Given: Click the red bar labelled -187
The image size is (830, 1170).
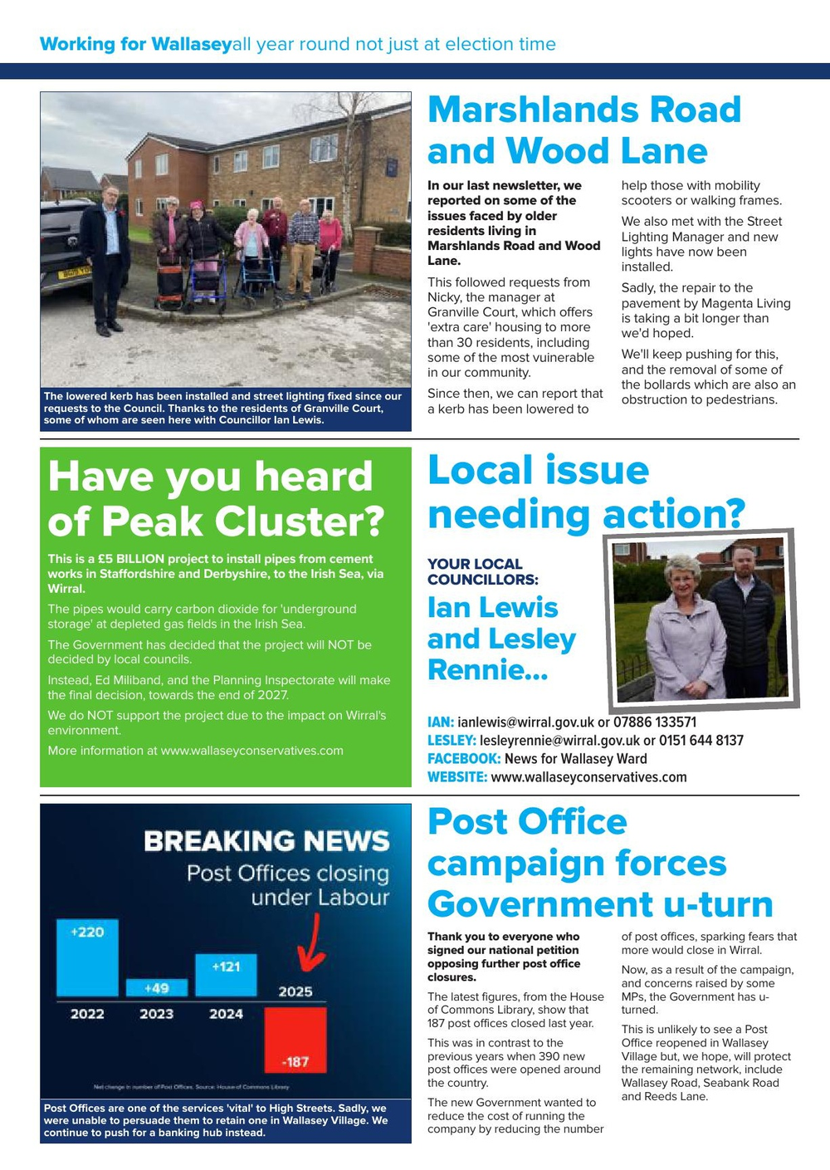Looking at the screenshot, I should tap(295, 1040).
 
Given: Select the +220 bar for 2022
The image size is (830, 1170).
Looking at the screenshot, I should tap(87, 957).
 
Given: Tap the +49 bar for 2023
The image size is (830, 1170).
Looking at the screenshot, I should tap(156, 987).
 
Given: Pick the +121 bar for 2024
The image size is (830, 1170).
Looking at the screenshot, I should tap(226, 975).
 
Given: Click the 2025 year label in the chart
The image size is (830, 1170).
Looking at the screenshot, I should tap(295, 991).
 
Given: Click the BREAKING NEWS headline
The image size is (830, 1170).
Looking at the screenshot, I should tap(266, 841).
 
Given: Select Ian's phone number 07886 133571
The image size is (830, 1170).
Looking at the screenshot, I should tap(655, 722).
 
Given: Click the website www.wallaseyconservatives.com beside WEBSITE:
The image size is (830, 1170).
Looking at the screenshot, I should tap(588, 777).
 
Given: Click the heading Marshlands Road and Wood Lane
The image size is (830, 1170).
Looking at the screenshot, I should tap(583, 130).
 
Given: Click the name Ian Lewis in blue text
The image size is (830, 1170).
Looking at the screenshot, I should tap(492, 607).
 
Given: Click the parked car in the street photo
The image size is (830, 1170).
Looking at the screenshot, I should tap(64, 247).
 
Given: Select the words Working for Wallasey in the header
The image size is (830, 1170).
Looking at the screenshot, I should tap(135, 44).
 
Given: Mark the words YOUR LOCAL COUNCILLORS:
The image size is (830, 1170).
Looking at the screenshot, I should tap(482, 571).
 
